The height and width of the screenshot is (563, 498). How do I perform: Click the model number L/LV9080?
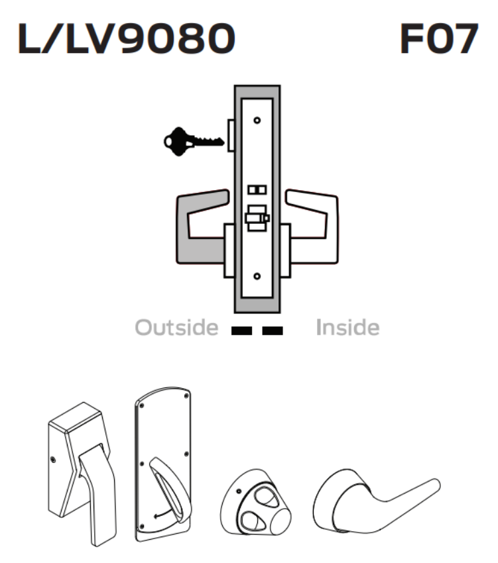126,40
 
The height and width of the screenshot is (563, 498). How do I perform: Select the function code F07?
438,40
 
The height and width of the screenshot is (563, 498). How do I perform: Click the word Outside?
176,327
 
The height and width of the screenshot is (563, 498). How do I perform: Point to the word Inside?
347,327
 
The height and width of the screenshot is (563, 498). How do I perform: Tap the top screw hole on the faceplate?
257,121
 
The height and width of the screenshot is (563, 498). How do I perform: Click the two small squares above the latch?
257,190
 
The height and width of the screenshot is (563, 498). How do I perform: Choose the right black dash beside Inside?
273,329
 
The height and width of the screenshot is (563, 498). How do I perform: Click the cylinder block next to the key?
230,135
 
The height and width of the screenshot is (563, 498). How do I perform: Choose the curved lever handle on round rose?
371,503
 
